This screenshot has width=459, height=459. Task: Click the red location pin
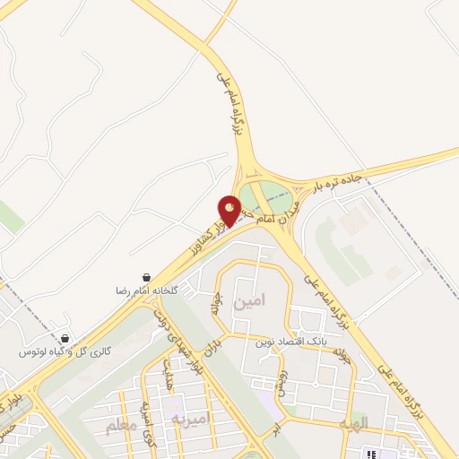point(229,209)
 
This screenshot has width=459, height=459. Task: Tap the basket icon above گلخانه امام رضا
point(146,279)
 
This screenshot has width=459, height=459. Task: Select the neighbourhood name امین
point(250,303)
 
